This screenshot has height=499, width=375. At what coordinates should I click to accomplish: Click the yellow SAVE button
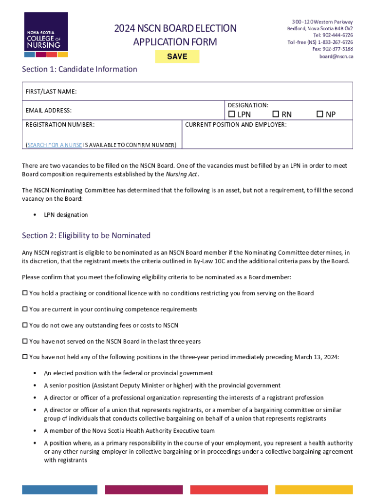tap(177, 57)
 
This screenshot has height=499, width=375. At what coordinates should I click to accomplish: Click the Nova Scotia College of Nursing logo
tap(46, 35)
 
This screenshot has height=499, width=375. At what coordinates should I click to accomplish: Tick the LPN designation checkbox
tap(231, 115)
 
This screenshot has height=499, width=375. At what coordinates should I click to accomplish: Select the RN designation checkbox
tap(275, 115)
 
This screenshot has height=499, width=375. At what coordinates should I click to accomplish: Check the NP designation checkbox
tap(319, 115)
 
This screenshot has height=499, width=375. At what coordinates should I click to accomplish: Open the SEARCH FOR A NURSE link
tap(55, 145)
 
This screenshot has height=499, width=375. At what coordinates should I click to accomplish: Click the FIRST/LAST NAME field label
tap(51, 92)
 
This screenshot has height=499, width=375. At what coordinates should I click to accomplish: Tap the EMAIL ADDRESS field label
tap(49, 111)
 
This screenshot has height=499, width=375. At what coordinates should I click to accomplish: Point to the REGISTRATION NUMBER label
tap(60, 125)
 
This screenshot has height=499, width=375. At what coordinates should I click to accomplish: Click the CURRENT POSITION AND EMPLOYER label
tap(236, 125)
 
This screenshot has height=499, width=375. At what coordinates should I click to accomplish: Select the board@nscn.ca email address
tap(336, 57)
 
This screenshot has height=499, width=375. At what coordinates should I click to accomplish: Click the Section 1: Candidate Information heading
tap(79, 69)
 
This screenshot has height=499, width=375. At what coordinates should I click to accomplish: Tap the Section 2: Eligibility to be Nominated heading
tap(86, 236)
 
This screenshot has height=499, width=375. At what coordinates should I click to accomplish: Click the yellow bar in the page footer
tap(314, 490)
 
